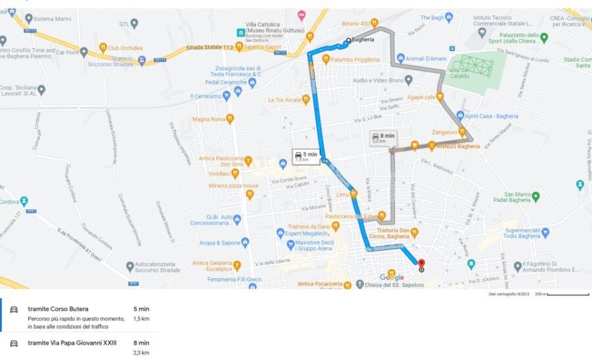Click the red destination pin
click(421, 265)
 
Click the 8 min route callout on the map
click(383, 138)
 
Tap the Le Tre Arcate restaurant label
click(285, 100)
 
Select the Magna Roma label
click(209, 119)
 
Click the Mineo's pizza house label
click(234, 186)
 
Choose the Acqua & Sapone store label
click(220, 242)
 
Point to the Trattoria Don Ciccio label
click(396, 234)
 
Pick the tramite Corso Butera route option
click(58, 309)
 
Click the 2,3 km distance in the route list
click(141, 353)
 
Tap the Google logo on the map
click(391, 278)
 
